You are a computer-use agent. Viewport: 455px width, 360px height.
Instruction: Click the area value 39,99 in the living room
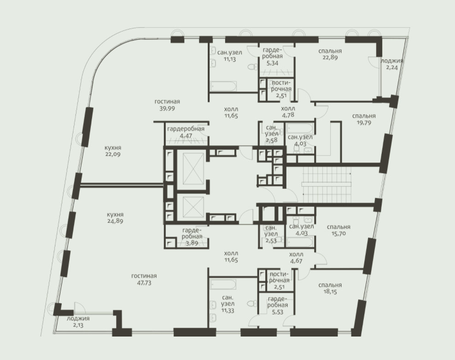coord(167,109)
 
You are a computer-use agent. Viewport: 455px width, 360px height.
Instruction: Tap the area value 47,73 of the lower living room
coord(144,283)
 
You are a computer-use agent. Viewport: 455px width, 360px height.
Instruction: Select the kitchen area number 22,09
coord(113,154)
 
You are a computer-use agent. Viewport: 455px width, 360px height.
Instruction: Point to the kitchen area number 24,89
coord(115,221)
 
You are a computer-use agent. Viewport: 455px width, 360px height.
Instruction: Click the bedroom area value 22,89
coord(330,58)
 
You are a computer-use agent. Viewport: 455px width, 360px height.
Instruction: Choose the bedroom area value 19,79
coord(364,122)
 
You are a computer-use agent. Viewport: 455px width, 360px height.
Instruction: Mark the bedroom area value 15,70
coord(338,233)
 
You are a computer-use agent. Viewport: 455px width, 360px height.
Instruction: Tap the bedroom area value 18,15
coord(330,291)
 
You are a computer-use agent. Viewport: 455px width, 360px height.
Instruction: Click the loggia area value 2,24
coord(392,67)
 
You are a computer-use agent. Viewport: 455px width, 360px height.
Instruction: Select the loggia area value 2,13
coord(78,325)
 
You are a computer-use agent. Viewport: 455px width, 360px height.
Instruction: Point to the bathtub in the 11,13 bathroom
coord(223,86)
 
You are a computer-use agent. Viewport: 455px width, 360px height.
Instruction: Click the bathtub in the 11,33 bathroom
coord(223,285)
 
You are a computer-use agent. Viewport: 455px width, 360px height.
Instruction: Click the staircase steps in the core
coord(327,185)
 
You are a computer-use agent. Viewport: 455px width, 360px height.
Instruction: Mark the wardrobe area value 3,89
coord(192,243)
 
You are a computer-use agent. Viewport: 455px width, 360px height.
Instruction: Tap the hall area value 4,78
coord(288,115)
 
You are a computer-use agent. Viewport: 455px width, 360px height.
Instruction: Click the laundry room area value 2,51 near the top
coord(281,95)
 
